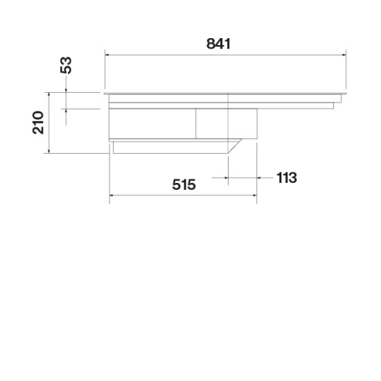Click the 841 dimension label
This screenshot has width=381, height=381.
218,44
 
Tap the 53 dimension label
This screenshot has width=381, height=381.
66,65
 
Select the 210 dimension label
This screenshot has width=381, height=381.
38,123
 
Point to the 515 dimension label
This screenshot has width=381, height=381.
184,184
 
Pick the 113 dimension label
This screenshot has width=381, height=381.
287,177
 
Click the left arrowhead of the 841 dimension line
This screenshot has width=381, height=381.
107,55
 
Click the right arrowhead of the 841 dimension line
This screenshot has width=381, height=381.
344,55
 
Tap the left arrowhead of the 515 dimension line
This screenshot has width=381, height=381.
112,195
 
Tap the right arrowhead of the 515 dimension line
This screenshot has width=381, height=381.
255,195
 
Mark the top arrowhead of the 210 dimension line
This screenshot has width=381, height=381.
49,94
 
